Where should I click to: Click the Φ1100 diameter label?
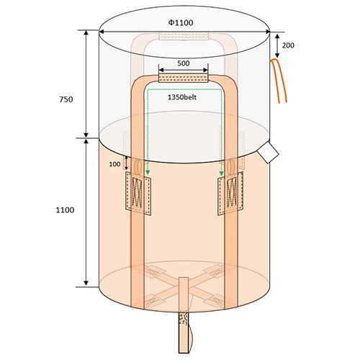[181, 22]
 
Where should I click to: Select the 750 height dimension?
[66, 99]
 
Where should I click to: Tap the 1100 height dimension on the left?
[65, 210]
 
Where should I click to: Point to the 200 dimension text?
[288, 45]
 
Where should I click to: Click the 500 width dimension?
[184, 63]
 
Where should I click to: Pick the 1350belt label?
[182, 97]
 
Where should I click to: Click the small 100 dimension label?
[114, 164]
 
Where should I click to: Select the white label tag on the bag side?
[268, 153]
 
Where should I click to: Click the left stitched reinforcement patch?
[138, 194]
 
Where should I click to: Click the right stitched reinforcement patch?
[230, 194]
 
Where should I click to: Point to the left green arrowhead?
[148, 173]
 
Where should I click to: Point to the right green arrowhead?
[221, 173]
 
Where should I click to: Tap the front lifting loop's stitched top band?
[184, 78]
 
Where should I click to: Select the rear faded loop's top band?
[184, 36]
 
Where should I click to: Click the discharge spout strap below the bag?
[184, 332]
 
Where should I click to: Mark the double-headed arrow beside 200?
[277, 46]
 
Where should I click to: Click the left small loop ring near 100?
[138, 166]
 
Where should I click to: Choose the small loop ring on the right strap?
[230, 167]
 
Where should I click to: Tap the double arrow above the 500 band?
[184, 70]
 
